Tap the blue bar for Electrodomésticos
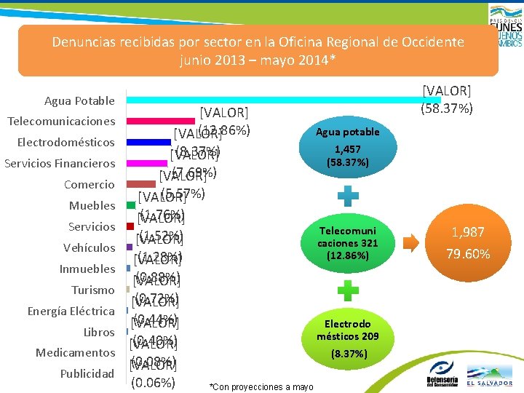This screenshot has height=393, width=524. click(149, 142)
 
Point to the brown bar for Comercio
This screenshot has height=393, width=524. click(141, 184)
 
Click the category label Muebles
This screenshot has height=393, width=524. click(92, 206)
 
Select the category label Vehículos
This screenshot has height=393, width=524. click(89, 248)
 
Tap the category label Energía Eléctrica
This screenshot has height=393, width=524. click(71, 311)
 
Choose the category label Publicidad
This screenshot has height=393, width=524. click(87, 374)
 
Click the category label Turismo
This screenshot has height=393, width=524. click(92, 290)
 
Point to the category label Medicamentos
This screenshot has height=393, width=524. click(75, 353)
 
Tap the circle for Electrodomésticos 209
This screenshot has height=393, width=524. click(347, 337)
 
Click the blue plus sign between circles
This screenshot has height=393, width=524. click(347, 194)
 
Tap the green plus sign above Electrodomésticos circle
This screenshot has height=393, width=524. click(347, 290)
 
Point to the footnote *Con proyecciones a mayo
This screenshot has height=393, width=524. click(261, 386)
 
